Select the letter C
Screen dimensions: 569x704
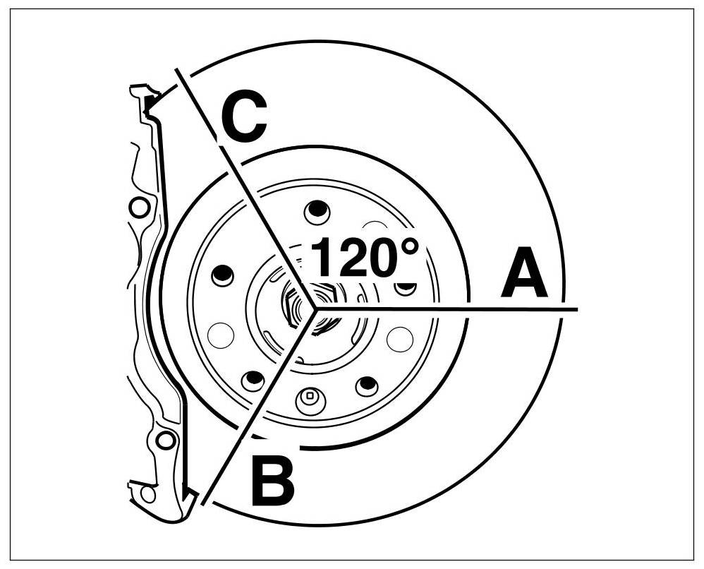[244, 119]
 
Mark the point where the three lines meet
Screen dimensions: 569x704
[315, 309]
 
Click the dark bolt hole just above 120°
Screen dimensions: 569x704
[317, 210]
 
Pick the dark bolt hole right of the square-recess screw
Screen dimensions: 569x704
[367, 385]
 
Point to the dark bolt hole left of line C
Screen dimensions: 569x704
[222, 275]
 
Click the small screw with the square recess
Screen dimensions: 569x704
[309, 398]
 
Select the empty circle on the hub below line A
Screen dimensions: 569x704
[400, 340]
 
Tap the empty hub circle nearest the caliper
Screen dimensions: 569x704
[220, 334]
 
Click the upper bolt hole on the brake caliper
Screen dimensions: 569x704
[140, 208]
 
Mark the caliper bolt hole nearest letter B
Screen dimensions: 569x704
[166, 441]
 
